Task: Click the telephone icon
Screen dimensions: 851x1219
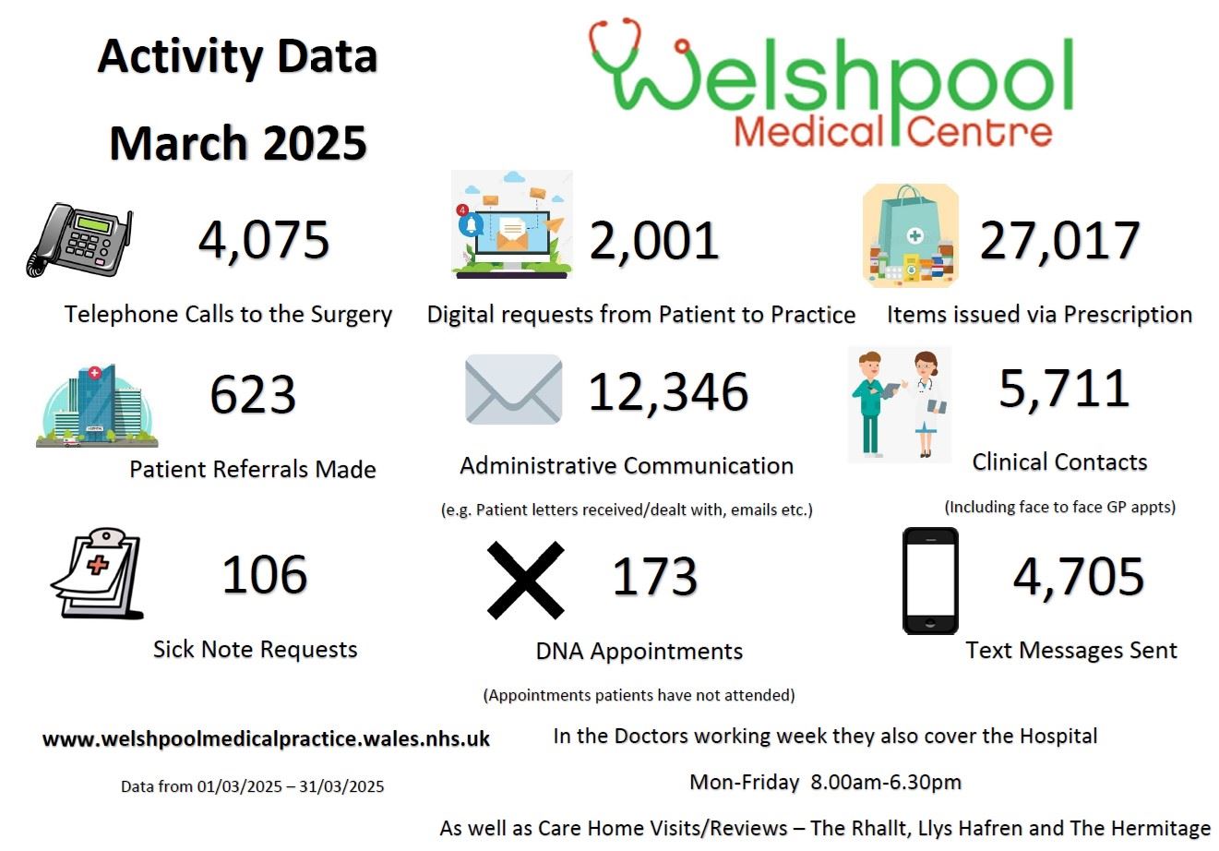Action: pos(79,239)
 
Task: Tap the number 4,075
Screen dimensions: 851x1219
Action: pos(264,240)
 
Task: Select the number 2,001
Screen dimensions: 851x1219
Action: pos(654,241)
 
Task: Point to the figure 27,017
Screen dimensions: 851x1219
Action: pos(1059,240)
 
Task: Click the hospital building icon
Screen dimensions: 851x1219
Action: pos(96,406)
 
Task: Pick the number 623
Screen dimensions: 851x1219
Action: pos(253,395)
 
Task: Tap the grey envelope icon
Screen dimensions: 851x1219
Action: pos(513,390)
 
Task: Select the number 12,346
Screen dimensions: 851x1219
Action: pos(668,392)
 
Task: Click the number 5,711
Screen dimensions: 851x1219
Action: pos(1064,389)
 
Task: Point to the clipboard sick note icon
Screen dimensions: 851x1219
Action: pos(98,573)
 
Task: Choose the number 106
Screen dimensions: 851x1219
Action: pos(265,575)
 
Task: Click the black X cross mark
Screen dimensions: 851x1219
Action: pos(525,581)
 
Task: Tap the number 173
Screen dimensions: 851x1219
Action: pos(655,577)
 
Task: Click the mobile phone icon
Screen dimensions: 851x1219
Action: pos(930,581)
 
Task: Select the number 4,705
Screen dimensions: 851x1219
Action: pos(1079,577)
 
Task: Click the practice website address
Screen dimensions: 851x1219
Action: pos(267,739)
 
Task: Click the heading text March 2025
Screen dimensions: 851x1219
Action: pos(238,143)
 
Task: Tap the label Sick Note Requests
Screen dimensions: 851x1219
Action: pos(255,649)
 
